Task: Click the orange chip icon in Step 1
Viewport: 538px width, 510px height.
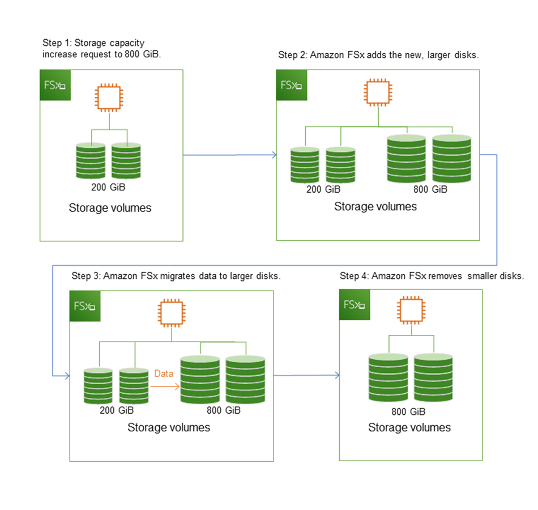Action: tap(109, 98)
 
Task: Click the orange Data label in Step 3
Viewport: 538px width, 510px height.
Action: tap(165, 373)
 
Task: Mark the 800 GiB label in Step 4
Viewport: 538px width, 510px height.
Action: tap(408, 411)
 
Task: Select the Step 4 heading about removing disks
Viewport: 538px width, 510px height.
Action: tap(432, 276)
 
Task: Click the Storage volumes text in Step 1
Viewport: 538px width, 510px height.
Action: tap(110, 208)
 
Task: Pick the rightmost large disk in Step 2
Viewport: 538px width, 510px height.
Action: tap(451, 158)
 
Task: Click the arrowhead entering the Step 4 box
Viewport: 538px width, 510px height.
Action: tap(336, 375)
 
